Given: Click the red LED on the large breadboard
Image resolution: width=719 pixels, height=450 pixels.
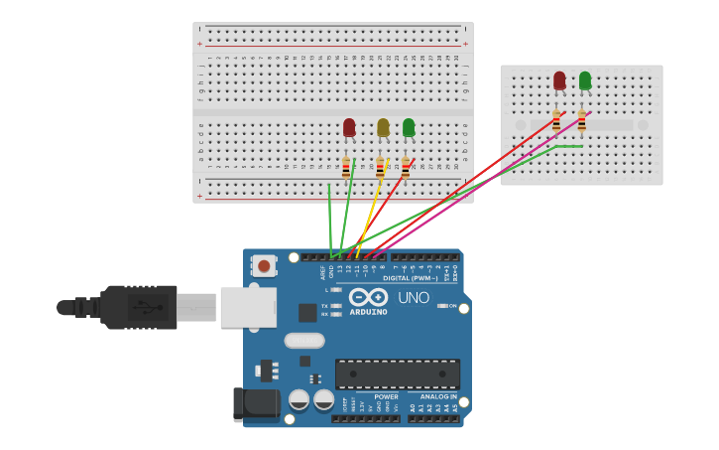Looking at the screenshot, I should tap(349, 127).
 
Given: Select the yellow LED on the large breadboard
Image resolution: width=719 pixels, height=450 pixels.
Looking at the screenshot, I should tap(383, 126).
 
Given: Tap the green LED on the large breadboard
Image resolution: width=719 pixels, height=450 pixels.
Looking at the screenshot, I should tap(409, 127).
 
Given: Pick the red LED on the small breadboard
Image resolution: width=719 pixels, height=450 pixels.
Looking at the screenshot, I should tap(559, 80).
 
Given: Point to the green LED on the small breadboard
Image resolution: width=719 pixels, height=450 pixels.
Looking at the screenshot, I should tap(585, 80).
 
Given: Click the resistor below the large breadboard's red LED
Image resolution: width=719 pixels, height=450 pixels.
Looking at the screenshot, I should tap(346, 168).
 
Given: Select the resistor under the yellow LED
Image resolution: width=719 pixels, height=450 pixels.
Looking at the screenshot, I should tap(380, 168).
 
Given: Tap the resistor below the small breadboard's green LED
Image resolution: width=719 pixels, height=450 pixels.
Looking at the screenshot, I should tap(581, 121).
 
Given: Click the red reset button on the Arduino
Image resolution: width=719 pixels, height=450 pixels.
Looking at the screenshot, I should tap(265, 265).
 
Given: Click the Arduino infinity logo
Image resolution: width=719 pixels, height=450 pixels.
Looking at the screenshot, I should tap(368, 297).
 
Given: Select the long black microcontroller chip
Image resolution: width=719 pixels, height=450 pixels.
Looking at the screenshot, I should tap(397, 374).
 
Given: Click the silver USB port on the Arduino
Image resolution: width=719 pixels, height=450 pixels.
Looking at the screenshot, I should tap(247, 307).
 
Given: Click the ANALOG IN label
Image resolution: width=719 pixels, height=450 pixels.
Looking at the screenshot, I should tap(432, 396).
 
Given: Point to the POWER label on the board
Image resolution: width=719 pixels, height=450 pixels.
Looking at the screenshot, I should tap(386, 396).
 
